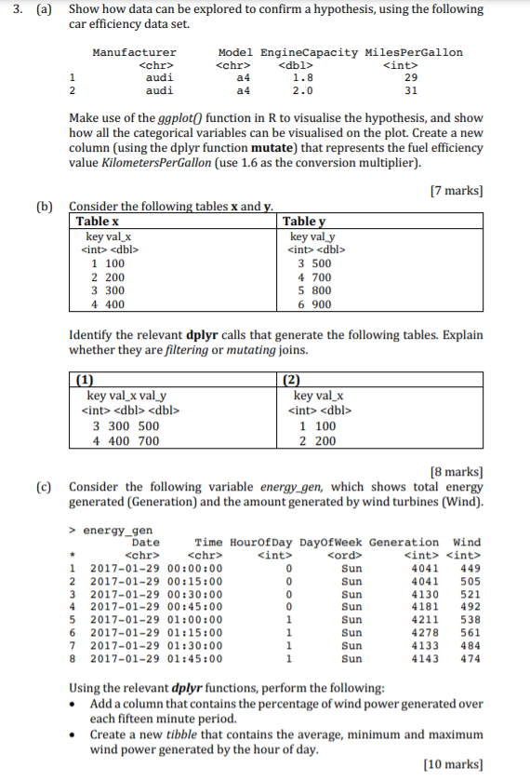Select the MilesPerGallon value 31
pos(412,92)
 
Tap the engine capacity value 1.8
pos(302,79)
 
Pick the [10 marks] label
pos(453,763)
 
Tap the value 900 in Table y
pos(321,304)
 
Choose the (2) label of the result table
pos(292,379)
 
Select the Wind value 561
pos(470,633)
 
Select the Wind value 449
pos(470,568)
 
